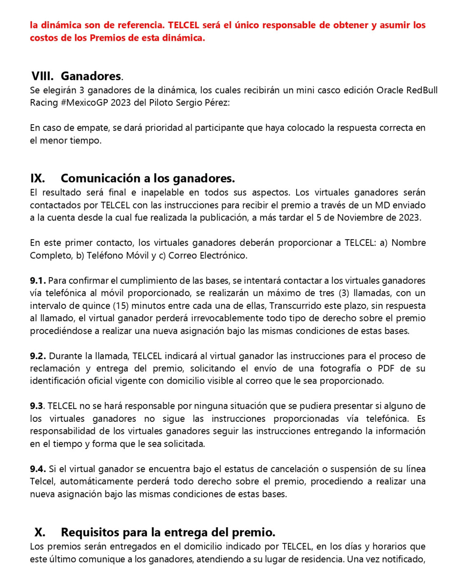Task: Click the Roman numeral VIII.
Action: [x=42, y=76]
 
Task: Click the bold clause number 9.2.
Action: [x=38, y=356]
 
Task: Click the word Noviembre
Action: [x=360, y=218]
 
